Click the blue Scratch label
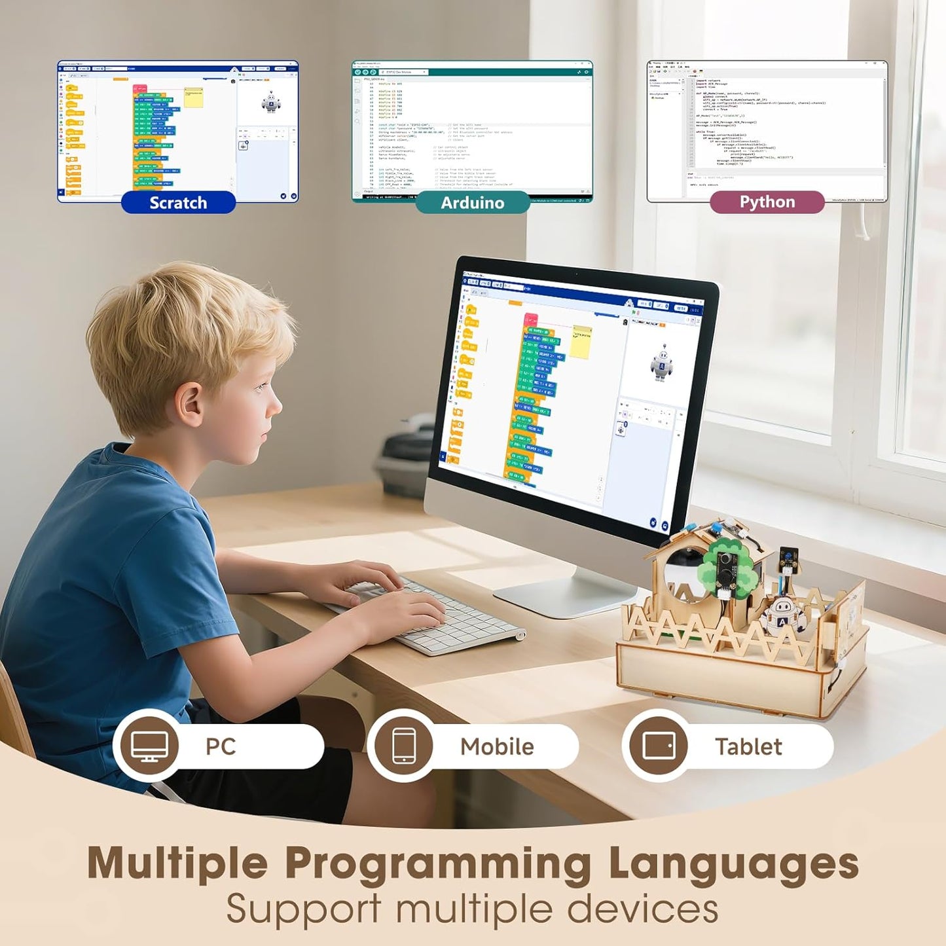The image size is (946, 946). (x=178, y=202)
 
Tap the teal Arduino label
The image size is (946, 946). (x=472, y=202)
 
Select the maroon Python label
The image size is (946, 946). (x=767, y=202)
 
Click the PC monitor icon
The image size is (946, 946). (x=149, y=746)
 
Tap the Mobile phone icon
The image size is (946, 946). (x=403, y=746)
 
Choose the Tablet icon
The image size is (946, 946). (x=659, y=746)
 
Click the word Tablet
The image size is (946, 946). (x=748, y=746)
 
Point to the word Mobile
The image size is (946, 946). (x=497, y=746)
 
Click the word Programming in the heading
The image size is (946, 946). (x=438, y=864)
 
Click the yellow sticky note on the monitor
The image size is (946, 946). (x=580, y=341)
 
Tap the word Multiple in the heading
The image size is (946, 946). (x=177, y=864)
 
